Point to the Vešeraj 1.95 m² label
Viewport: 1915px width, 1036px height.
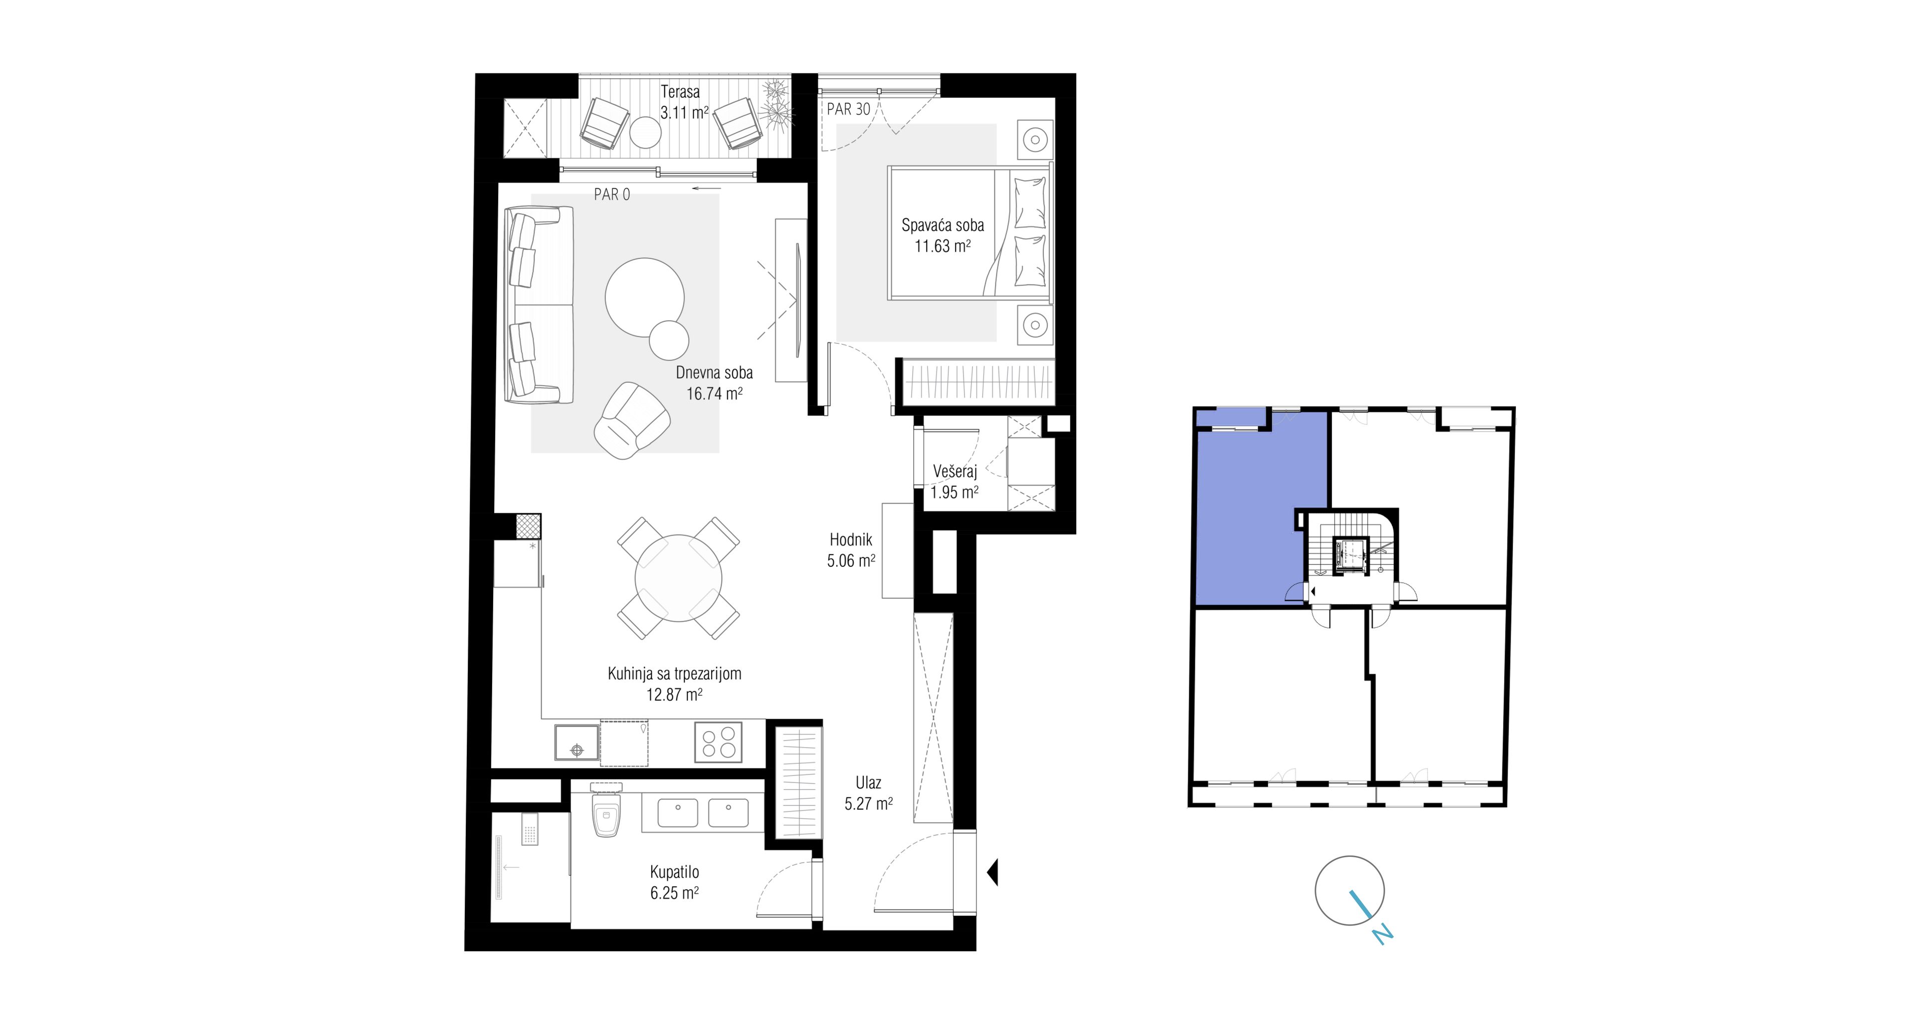[955, 481]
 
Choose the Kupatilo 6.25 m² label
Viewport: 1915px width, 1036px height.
[674, 882]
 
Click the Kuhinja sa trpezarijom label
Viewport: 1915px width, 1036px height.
[674, 674]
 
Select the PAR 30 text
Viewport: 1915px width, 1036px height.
[848, 109]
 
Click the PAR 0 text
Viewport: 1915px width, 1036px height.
[612, 195]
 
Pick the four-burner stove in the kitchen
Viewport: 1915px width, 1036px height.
[718, 742]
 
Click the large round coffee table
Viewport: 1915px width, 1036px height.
[644, 297]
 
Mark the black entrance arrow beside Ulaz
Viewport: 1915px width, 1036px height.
[992, 872]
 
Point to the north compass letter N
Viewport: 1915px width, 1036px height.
[1381, 934]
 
